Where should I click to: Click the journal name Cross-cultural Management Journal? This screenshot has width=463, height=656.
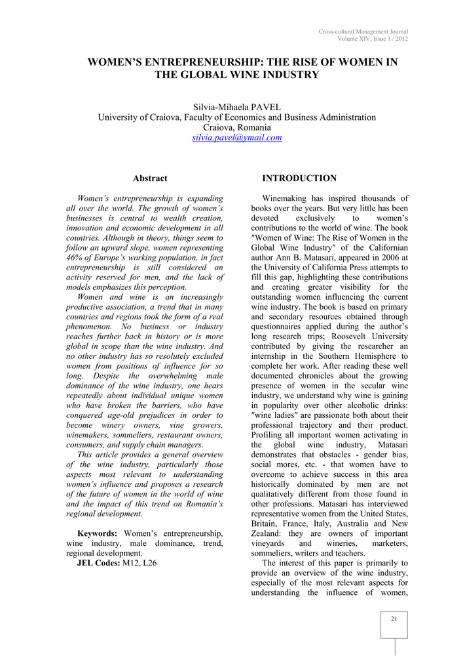(363, 31)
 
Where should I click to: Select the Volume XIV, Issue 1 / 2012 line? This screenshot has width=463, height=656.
(373, 39)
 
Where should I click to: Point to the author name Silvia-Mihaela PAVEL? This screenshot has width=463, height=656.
(236, 107)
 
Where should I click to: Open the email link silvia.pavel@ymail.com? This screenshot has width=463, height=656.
(236, 138)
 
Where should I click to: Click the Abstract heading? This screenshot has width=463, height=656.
(150, 178)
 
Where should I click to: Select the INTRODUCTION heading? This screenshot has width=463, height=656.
(299, 178)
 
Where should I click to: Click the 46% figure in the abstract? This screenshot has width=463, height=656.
(77, 258)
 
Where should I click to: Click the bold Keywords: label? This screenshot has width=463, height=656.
(99, 532)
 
